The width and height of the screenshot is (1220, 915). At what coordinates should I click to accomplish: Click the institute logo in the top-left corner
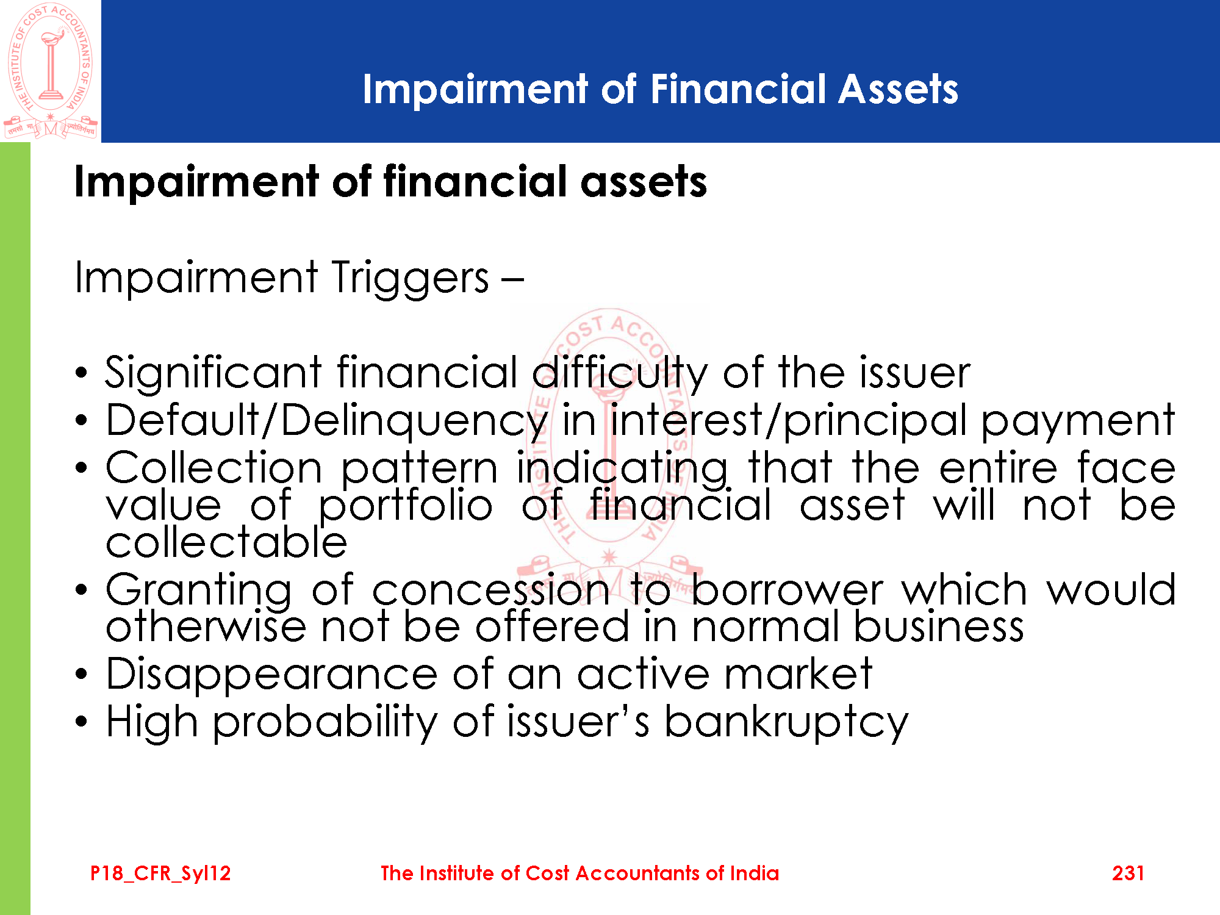point(51,71)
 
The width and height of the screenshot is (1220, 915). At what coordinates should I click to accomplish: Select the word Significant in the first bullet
point(213,373)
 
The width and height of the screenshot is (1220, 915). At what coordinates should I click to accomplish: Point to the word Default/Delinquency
point(327,421)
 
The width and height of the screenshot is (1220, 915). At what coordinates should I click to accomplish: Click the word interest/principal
point(789,421)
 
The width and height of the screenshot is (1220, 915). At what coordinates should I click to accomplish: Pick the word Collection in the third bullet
point(213,468)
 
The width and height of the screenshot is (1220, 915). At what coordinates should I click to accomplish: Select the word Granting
point(199,590)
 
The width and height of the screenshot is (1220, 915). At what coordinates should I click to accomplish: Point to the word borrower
point(787,590)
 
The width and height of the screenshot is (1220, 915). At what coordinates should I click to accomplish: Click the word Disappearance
point(272,675)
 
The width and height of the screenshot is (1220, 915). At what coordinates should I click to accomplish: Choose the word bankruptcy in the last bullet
point(786,722)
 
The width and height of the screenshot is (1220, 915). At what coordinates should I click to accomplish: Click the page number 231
point(1128,873)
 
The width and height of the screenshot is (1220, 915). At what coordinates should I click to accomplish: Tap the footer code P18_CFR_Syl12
point(160,874)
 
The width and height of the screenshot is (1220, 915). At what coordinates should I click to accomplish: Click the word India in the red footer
point(755,873)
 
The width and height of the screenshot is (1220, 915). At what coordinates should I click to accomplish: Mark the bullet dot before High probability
point(82,722)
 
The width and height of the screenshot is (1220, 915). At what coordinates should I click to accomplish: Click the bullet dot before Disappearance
point(82,675)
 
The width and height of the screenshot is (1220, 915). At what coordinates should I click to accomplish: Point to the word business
point(939,627)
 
